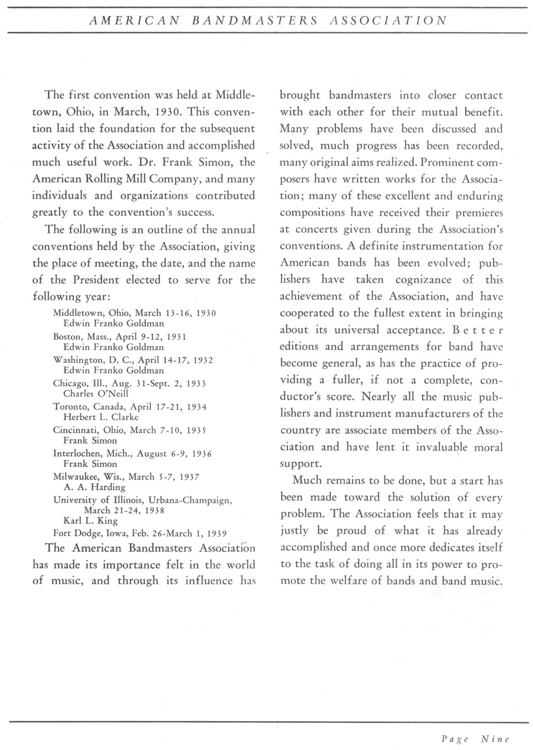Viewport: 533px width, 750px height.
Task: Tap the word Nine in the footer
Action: (495, 739)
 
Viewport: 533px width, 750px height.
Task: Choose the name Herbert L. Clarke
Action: (101, 417)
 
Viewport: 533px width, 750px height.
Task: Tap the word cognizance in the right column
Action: (423, 280)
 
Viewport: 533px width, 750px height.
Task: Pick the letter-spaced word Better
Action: (478, 330)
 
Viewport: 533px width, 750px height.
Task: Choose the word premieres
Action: (479, 213)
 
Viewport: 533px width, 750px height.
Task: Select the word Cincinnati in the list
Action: (76, 430)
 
